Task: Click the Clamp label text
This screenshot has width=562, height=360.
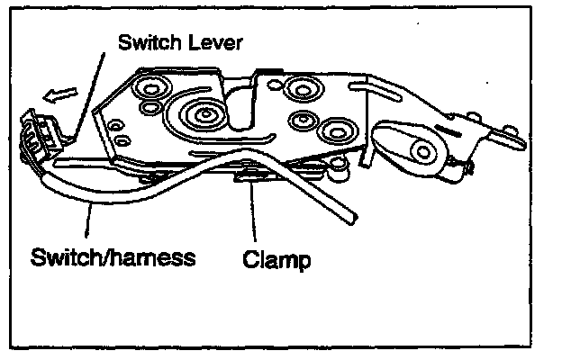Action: pos(276,261)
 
